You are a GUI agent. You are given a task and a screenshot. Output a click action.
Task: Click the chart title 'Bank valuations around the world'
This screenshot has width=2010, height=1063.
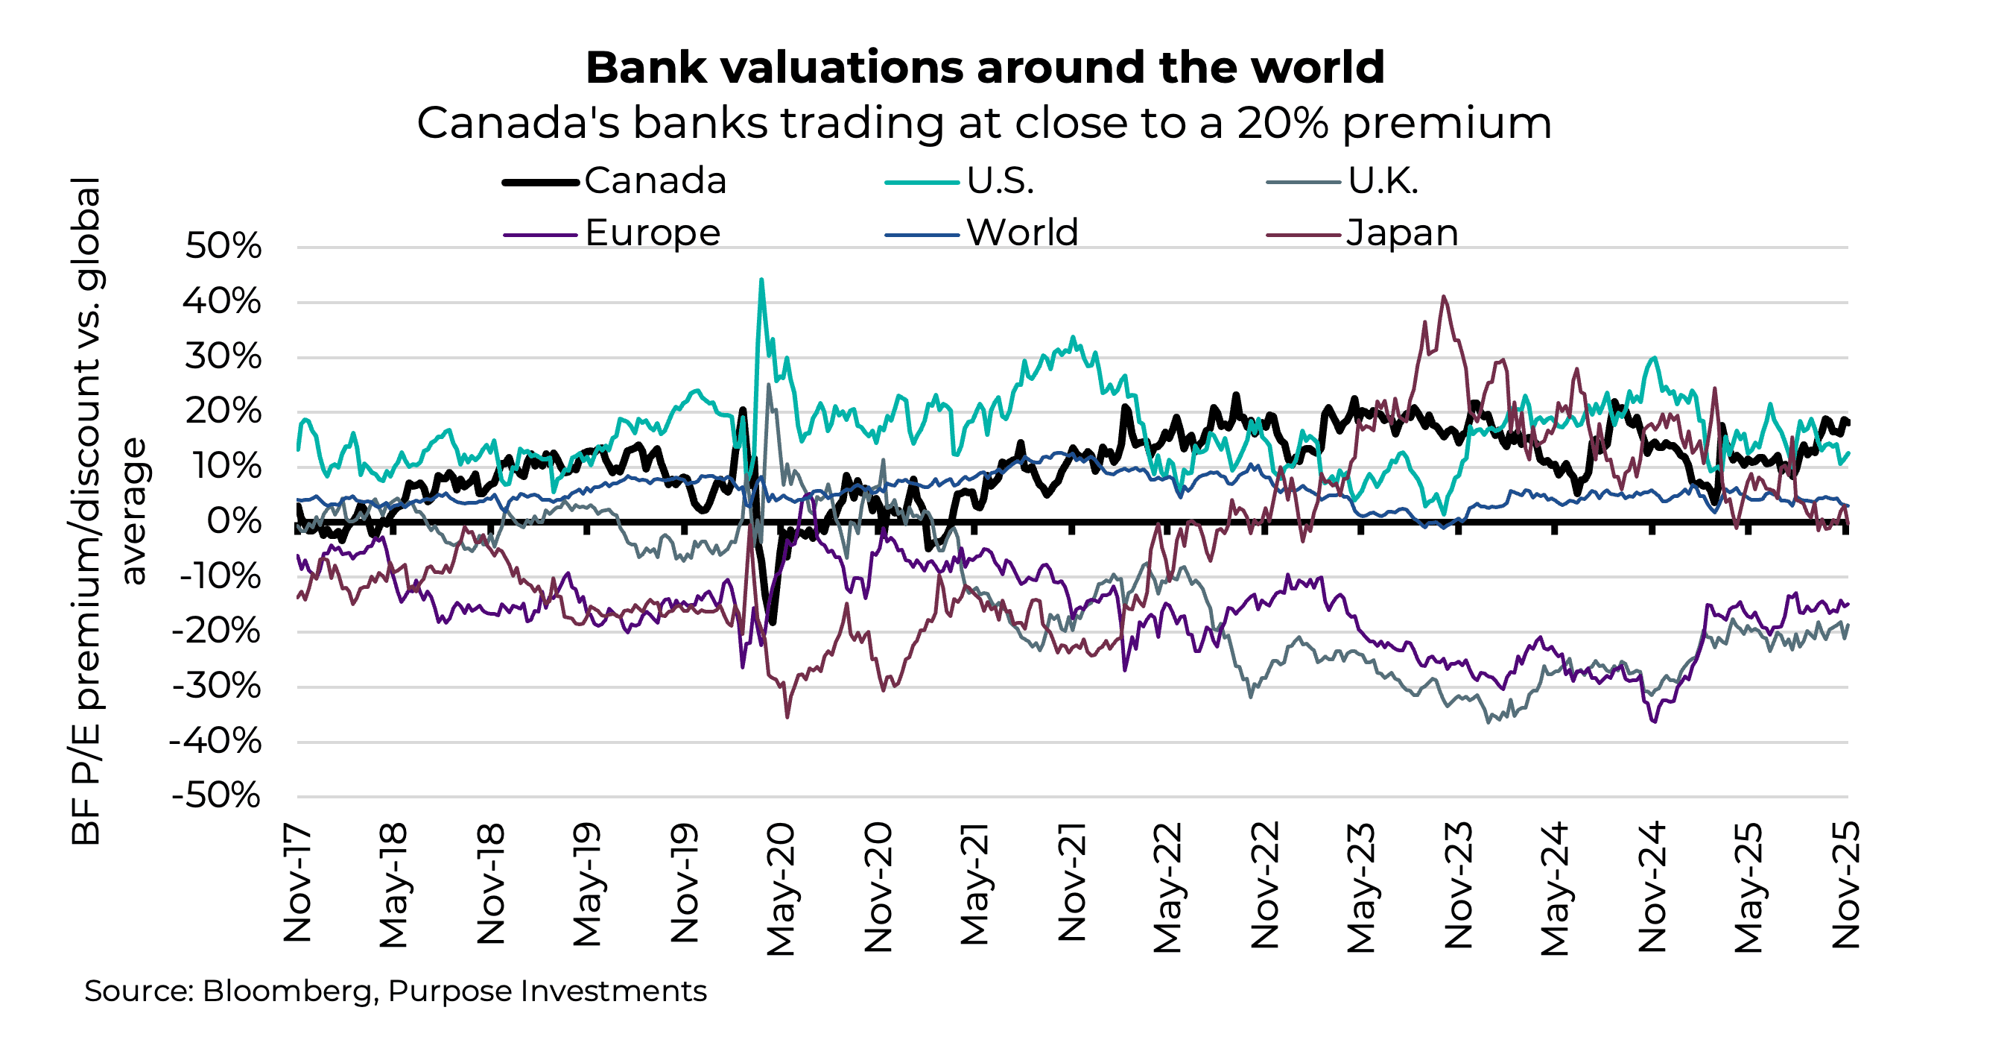[985, 67]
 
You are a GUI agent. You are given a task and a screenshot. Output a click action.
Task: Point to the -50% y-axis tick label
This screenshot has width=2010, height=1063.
[217, 797]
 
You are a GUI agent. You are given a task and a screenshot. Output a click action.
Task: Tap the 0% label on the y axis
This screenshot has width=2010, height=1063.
[234, 521]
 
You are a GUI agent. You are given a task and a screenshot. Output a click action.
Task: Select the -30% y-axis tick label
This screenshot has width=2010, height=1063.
[217, 687]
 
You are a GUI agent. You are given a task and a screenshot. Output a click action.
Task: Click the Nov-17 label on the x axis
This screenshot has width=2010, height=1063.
[297, 883]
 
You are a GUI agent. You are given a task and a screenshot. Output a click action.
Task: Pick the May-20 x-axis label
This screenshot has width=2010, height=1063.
[781, 888]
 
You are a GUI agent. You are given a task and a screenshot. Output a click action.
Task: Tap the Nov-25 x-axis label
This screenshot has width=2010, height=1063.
[1846, 885]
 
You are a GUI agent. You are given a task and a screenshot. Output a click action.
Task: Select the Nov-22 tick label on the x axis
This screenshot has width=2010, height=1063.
[1265, 885]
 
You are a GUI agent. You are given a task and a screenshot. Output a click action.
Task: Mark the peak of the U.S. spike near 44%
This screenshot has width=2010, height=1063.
[761, 280]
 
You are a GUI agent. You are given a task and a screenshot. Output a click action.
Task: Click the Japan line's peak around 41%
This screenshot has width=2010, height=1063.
[1445, 297]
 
